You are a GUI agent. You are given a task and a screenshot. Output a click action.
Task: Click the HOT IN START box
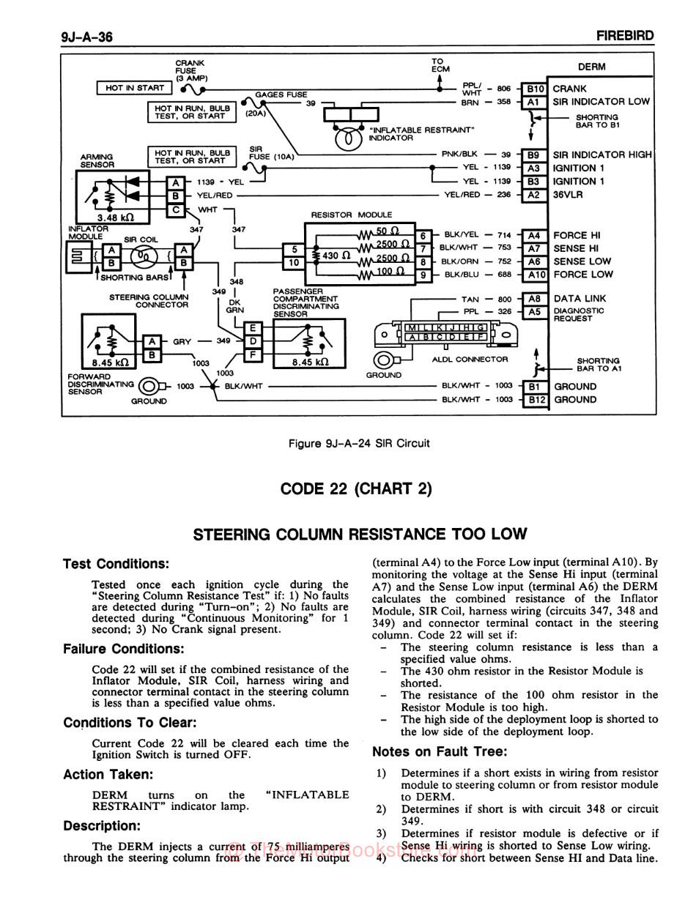coord(135,88)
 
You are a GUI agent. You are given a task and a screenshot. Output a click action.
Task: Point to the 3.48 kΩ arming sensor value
coord(113,217)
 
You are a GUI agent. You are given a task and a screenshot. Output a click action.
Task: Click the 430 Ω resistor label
coord(335,256)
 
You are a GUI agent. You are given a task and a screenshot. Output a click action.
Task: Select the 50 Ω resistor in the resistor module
coord(387,232)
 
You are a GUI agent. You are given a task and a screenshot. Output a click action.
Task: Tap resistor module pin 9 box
coord(423,275)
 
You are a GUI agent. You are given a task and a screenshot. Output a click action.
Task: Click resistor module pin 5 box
coord(294,249)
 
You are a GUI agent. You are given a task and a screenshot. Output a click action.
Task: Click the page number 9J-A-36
coord(87,37)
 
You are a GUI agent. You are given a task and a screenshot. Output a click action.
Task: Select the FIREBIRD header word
coord(624,36)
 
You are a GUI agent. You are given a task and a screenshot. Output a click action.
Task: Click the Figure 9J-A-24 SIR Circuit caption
coord(359,443)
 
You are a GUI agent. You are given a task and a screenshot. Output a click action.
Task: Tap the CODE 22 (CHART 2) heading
coord(356,488)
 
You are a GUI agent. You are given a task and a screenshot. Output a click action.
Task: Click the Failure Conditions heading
coord(123,649)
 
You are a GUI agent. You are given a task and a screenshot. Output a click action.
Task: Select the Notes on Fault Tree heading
coord(439,751)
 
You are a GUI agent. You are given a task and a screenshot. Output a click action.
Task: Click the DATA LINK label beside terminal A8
coord(580,299)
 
